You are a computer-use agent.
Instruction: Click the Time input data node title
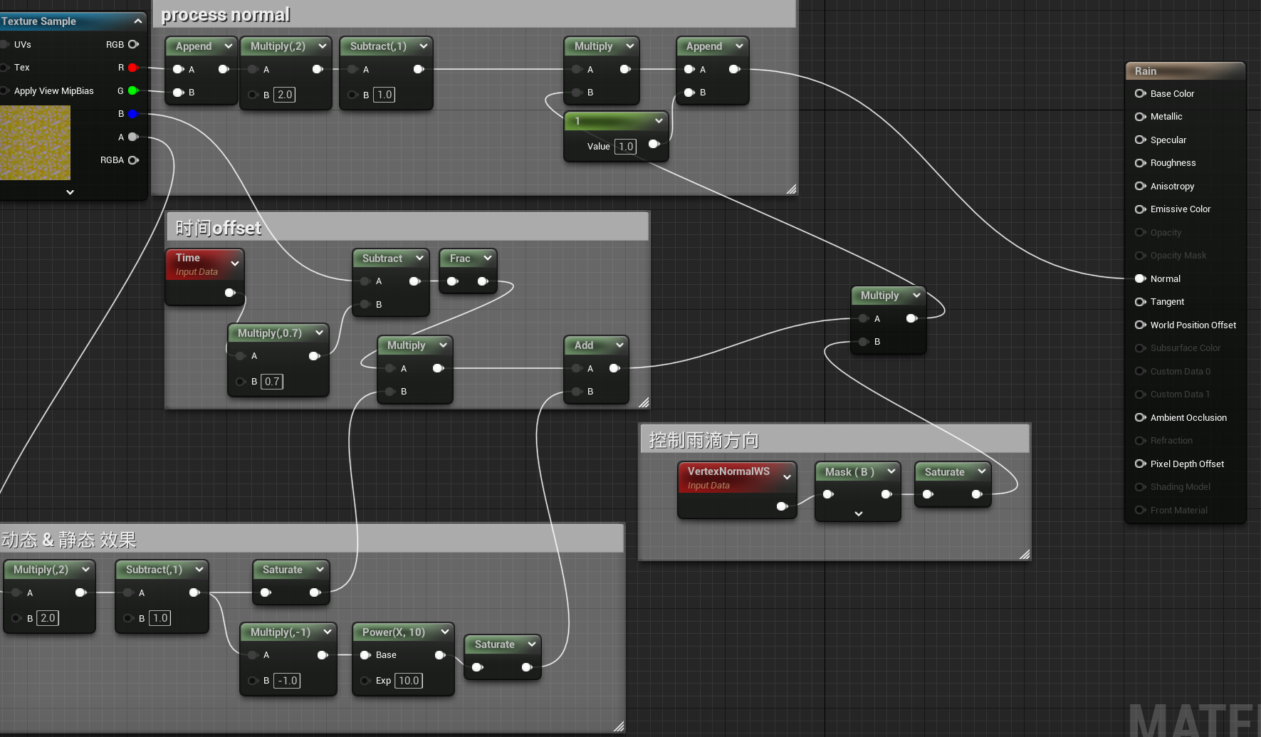[188, 258]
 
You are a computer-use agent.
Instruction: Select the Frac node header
[468, 258]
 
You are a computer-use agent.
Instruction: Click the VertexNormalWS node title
[728, 471]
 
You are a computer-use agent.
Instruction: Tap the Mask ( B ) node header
[857, 472]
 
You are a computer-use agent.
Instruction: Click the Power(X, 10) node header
[403, 632]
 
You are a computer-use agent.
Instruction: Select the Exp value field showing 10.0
[409, 681]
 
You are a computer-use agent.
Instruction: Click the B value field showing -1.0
[287, 681]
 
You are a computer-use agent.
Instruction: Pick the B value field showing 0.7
[272, 382]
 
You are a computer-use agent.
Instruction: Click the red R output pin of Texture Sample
[132, 68]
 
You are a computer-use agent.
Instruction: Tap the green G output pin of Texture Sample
[132, 90]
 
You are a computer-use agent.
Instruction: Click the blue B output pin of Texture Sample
[132, 114]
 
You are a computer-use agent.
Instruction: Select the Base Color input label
[1172, 94]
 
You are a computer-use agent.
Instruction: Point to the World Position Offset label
[1193, 325]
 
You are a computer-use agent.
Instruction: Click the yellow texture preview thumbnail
[35, 142]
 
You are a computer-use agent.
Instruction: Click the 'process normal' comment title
[226, 15]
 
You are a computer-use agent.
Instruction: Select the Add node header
[596, 345]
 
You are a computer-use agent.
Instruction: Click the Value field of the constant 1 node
[626, 147]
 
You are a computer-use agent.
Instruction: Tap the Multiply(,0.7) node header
[278, 333]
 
